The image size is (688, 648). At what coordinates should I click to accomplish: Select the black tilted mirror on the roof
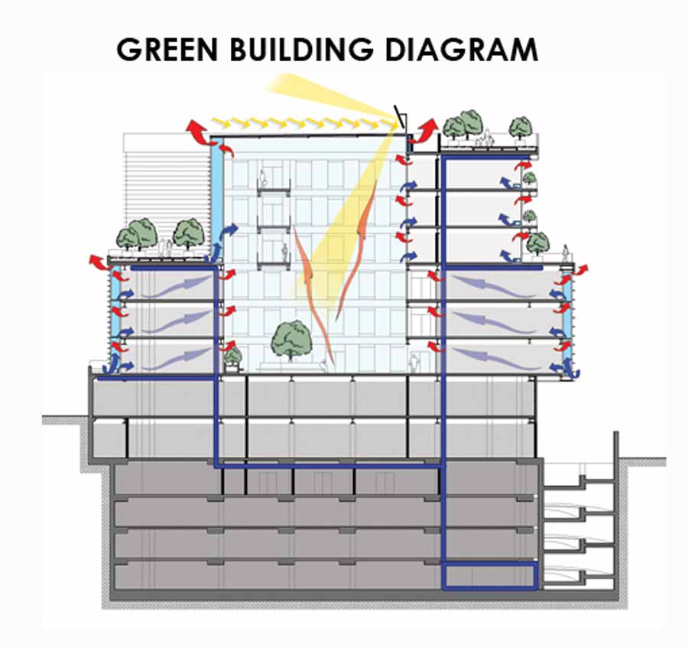399,117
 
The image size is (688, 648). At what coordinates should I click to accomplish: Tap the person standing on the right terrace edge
566,252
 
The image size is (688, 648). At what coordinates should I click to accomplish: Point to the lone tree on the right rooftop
521,126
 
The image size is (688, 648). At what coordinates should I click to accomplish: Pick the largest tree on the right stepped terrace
537,243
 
